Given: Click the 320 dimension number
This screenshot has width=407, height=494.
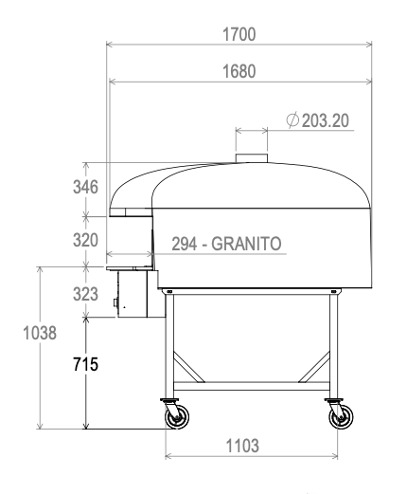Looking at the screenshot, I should [x=86, y=240].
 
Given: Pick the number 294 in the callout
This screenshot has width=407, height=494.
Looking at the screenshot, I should [x=186, y=243].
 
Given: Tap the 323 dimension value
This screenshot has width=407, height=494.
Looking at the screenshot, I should [x=86, y=294].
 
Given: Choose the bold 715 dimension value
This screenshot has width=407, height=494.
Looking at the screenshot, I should [x=86, y=363].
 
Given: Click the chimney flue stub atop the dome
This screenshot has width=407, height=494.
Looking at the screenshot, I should [x=253, y=156].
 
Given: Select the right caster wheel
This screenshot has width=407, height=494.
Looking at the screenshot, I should [x=336, y=415].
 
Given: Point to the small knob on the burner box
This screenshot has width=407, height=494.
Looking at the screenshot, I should [x=117, y=304].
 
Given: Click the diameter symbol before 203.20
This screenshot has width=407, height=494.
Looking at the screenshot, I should [x=292, y=120].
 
